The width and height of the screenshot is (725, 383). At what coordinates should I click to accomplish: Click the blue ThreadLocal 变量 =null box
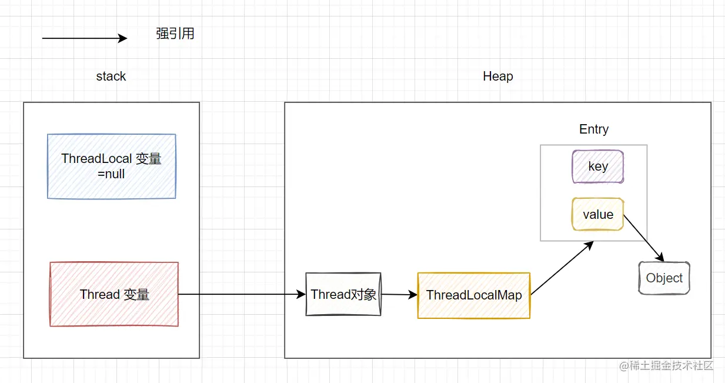tap(112, 166)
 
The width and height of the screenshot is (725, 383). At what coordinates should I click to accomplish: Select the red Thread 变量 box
tap(114, 294)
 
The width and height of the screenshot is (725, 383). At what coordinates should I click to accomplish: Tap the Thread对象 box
tap(343, 294)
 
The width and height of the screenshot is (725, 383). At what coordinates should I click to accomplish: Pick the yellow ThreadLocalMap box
tap(474, 295)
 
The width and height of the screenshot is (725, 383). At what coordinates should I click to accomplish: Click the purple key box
tap(598, 166)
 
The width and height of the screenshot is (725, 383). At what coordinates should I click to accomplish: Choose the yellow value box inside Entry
tap(598, 214)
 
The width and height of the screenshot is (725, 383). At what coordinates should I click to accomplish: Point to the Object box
tap(664, 278)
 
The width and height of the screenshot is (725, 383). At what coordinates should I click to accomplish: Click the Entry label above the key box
tap(594, 129)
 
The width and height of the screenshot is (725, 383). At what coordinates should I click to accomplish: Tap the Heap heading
tap(498, 76)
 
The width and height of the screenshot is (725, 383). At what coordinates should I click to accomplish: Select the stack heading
tap(111, 76)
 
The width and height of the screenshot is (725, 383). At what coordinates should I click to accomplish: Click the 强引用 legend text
tap(175, 34)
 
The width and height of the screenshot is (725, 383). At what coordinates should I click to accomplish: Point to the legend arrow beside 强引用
tap(85, 38)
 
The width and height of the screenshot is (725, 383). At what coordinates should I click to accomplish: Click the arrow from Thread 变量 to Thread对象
tap(242, 294)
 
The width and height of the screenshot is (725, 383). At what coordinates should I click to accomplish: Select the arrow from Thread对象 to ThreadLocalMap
tap(399, 295)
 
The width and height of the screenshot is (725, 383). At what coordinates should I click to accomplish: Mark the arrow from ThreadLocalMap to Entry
tap(562, 268)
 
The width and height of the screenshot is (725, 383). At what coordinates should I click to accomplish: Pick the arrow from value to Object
tap(644, 238)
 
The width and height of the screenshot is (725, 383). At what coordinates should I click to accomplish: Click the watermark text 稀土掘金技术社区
tap(671, 365)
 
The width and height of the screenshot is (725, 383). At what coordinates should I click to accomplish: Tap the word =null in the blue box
tap(111, 174)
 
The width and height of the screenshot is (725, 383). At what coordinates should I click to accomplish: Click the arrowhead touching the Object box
tap(660, 257)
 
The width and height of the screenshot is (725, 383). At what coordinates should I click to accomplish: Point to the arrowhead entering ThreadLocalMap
tap(413, 295)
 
